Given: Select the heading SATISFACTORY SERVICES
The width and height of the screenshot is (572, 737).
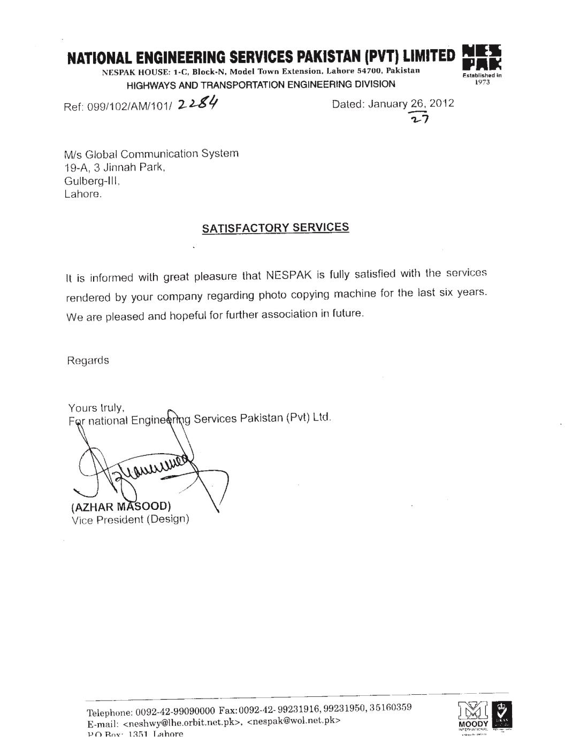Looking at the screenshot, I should click(x=275, y=228).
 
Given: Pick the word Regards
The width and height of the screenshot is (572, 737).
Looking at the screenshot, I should click(x=88, y=360).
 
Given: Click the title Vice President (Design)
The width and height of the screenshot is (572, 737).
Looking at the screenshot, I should click(x=131, y=519).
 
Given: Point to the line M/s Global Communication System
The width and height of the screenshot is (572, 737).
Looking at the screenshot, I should click(x=151, y=154).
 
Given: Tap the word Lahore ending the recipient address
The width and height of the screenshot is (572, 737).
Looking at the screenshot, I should click(x=82, y=195).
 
